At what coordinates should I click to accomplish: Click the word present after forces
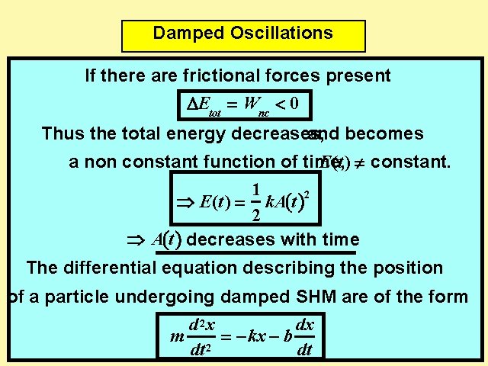pyautogui.click(x=358, y=76)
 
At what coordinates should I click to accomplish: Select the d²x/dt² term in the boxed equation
pyautogui.click(x=200, y=338)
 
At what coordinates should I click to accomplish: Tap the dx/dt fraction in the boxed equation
pyautogui.click(x=304, y=338)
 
